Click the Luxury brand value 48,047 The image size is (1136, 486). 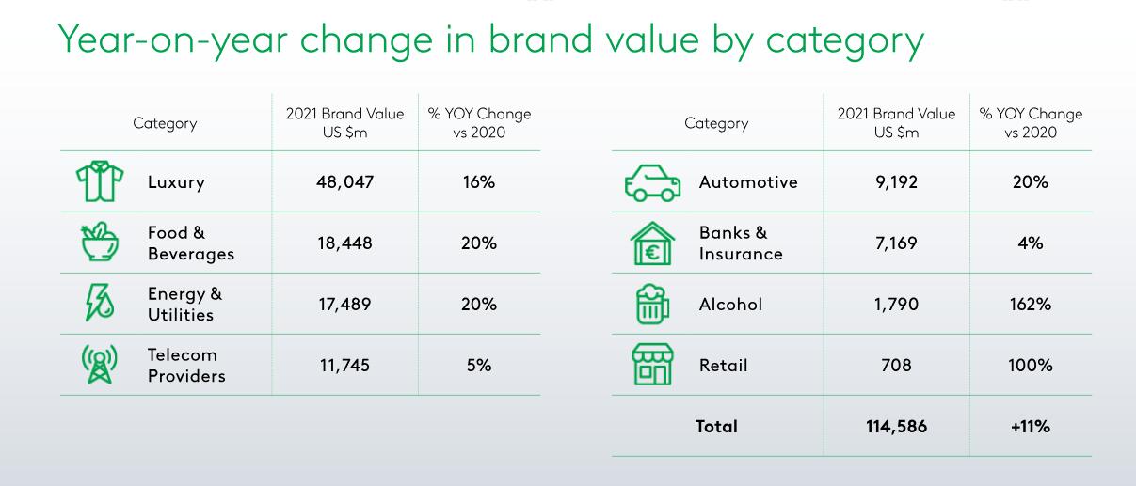(x=344, y=182)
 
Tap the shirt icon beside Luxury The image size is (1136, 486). (x=100, y=180)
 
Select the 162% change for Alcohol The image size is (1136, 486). (x=1030, y=304)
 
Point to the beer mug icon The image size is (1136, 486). (x=652, y=304)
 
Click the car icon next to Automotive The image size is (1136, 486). (x=652, y=182)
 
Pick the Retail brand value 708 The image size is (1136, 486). (x=896, y=365)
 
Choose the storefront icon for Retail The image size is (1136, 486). (x=652, y=365)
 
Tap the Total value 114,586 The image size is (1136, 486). (x=896, y=426)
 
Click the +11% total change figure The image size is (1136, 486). (x=1030, y=426)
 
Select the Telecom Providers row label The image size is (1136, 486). (x=186, y=366)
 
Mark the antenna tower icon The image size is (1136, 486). (x=100, y=365)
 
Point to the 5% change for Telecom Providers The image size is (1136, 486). (x=479, y=365)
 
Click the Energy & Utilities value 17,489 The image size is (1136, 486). (x=344, y=304)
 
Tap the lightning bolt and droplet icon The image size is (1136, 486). (x=100, y=303)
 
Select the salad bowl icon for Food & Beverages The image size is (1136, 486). (x=100, y=242)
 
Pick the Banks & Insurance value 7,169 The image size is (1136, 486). (x=896, y=243)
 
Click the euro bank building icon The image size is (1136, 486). (x=652, y=243)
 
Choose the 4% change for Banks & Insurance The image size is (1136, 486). (x=1030, y=243)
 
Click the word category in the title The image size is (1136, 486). (x=845, y=40)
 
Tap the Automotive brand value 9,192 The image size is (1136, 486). (x=896, y=182)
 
